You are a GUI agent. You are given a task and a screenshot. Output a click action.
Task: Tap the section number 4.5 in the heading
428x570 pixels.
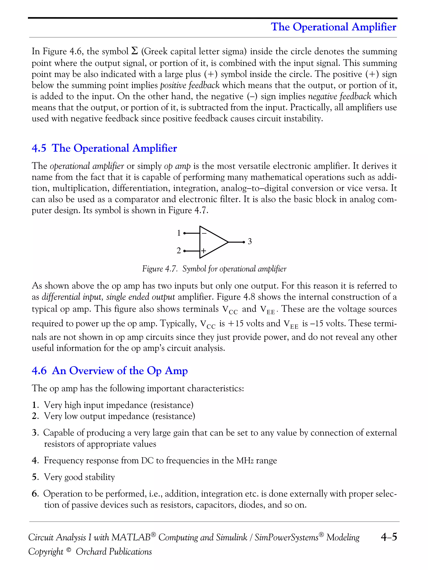39,148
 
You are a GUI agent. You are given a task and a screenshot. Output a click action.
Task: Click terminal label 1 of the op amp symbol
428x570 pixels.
178,233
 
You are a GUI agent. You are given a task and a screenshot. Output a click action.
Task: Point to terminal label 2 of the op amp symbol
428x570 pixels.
178,250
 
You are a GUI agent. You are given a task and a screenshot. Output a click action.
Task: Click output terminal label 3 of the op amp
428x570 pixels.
250,241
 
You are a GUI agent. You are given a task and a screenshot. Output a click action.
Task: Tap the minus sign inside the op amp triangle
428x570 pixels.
204,233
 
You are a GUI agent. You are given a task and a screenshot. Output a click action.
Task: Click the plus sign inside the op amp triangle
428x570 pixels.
204,250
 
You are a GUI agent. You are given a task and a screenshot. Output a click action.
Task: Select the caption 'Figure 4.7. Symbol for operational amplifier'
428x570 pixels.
214,269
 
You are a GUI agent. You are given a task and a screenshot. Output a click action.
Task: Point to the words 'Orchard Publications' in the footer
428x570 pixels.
114,551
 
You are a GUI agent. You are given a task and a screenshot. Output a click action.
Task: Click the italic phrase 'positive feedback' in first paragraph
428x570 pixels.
190,85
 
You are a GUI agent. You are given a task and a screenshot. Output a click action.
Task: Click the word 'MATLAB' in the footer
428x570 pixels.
131,537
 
